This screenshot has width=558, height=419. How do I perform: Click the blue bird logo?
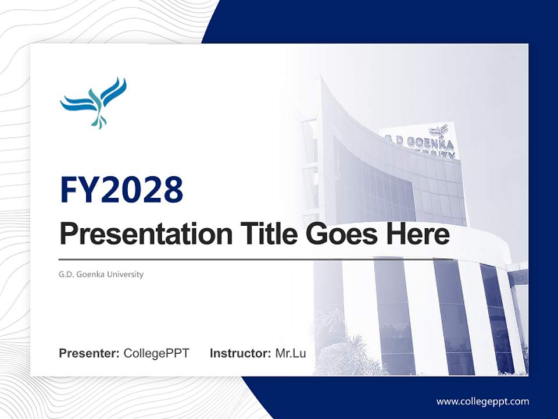[94, 102]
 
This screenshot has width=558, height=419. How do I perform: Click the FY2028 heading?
[121, 190]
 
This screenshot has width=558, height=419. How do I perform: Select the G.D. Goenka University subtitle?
[101, 274]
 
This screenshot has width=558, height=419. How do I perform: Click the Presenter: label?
[90, 353]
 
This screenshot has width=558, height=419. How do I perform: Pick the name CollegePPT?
[156, 353]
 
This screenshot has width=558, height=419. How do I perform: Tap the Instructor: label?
[240, 353]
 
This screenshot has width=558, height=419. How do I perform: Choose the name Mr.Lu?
[291, 353]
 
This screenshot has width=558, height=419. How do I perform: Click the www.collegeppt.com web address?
[482, 402]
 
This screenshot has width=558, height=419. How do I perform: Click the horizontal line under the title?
[256, 259]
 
